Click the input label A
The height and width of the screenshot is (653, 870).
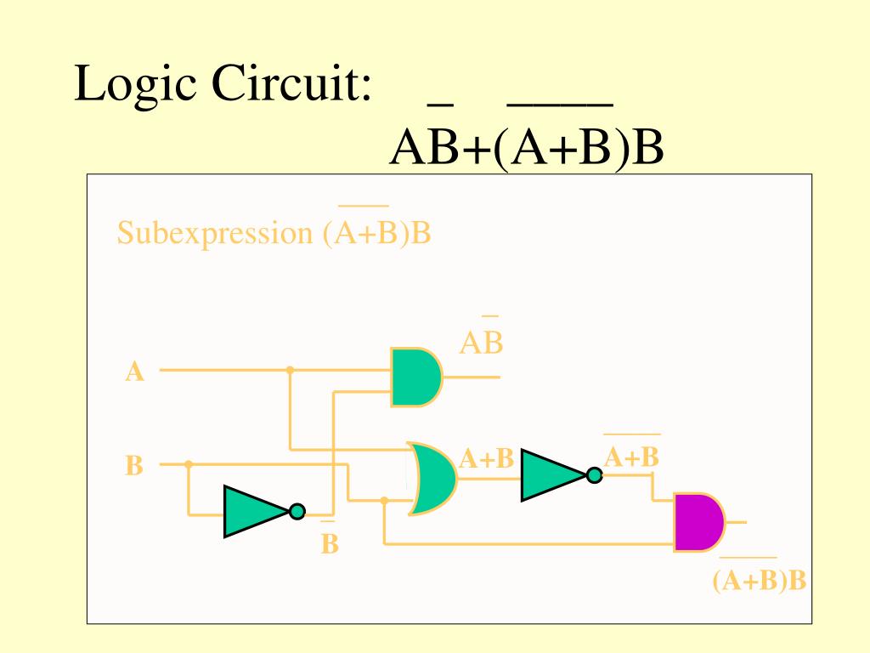pyautogui.click(x=134, y=372)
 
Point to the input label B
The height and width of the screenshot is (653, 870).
pyautogui.click(x=134, y=466)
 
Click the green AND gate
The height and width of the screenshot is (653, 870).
pyautogui.click(x=415, y=377)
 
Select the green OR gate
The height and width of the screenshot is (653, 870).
pyautogui.click(x=432, y=478)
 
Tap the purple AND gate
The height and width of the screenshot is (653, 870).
pyautogui.click(x=698, y=521)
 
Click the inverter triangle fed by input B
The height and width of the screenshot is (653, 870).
pyautogui.click(x=255, y=511)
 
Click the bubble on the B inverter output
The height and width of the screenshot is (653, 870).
pyautogui.click(x=297, y=511)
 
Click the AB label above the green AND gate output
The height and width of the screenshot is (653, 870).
pyautogui.click(x=482, y=343)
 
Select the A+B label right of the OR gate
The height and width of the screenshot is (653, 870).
pyautogui.click(x=487, y=459)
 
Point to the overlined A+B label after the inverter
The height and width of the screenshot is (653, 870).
pyautogui.click(x=631, y=457)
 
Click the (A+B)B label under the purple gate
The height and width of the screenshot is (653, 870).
pyautogui.click(x=759, y=580)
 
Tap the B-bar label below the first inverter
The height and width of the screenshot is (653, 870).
pyautogui.click(x=330, y=542)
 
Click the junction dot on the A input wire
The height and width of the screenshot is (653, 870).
pyautogui.click(x=290, y=370)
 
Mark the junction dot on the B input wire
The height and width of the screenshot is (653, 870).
pyautogui.click(x=189, y=464)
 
